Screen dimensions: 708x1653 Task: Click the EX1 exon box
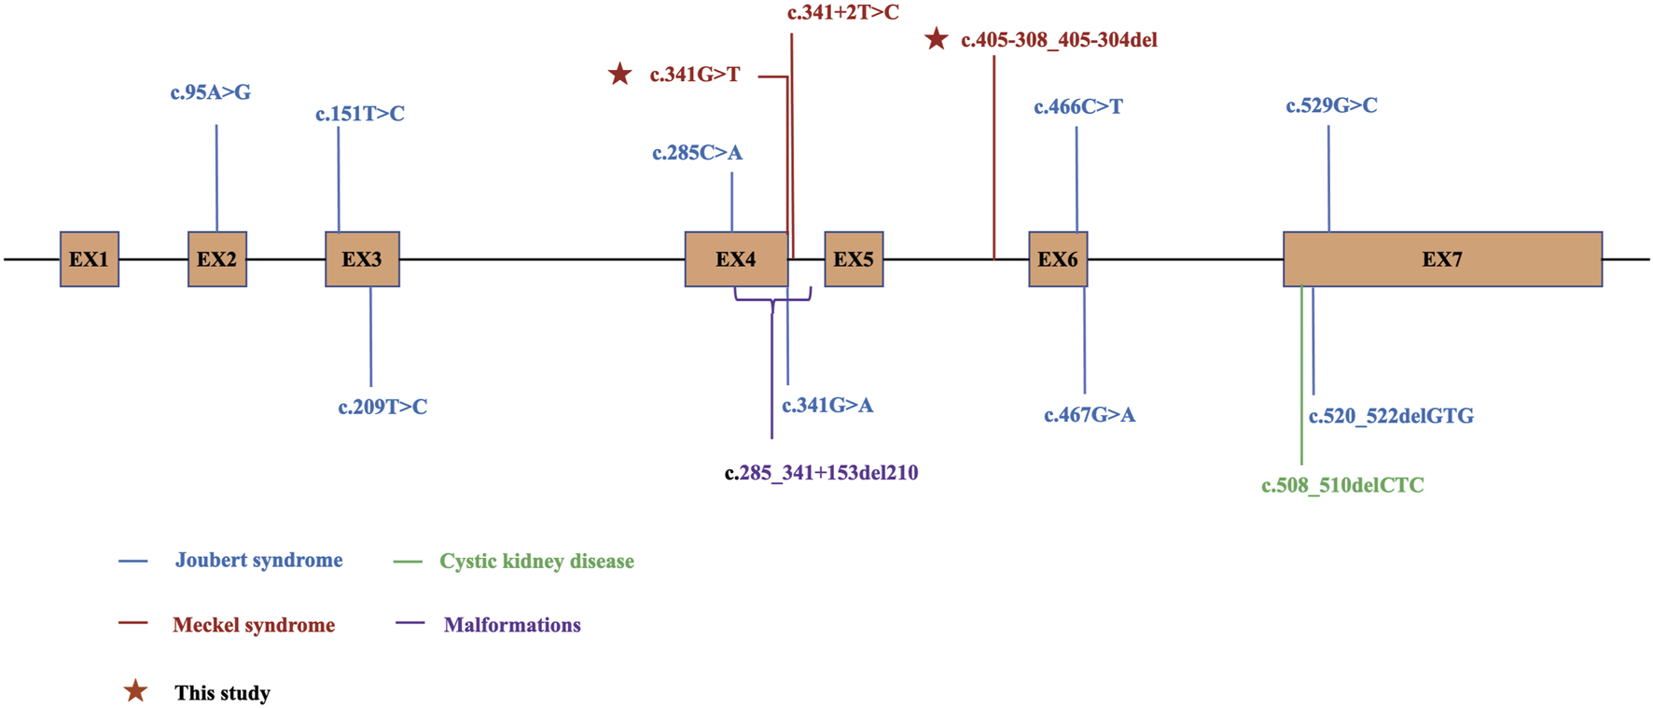pos(90,259)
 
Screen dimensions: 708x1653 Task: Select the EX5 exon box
pos(854,259)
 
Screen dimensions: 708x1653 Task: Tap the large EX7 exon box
pos(1442,259)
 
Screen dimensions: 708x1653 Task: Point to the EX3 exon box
pos(362,259)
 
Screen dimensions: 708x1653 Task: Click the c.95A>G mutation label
pos(211,92)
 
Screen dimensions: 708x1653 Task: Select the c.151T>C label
pos(360,114)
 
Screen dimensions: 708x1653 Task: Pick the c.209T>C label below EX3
pos(382,408)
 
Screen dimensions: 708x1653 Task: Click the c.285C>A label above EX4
pos(697,153)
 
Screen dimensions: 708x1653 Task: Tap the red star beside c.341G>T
pos(619,74)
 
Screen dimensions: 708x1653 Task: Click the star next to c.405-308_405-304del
pos(936,39)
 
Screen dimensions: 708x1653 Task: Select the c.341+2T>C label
pos(842,13)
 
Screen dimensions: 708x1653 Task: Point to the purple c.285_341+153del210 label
pos(821,473)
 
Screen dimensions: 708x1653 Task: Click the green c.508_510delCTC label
pos(1342,485)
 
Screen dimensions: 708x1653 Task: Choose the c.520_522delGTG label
pos(1391,416)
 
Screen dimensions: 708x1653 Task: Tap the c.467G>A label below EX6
pos(1090,415)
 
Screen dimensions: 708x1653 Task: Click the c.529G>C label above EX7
pos(1331,105)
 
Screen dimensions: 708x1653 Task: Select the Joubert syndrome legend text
pos(258,561)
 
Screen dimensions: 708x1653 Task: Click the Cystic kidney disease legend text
pos(536,562)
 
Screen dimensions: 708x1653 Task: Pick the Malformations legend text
pos(512,625)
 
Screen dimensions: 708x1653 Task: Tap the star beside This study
pos(135,691)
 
